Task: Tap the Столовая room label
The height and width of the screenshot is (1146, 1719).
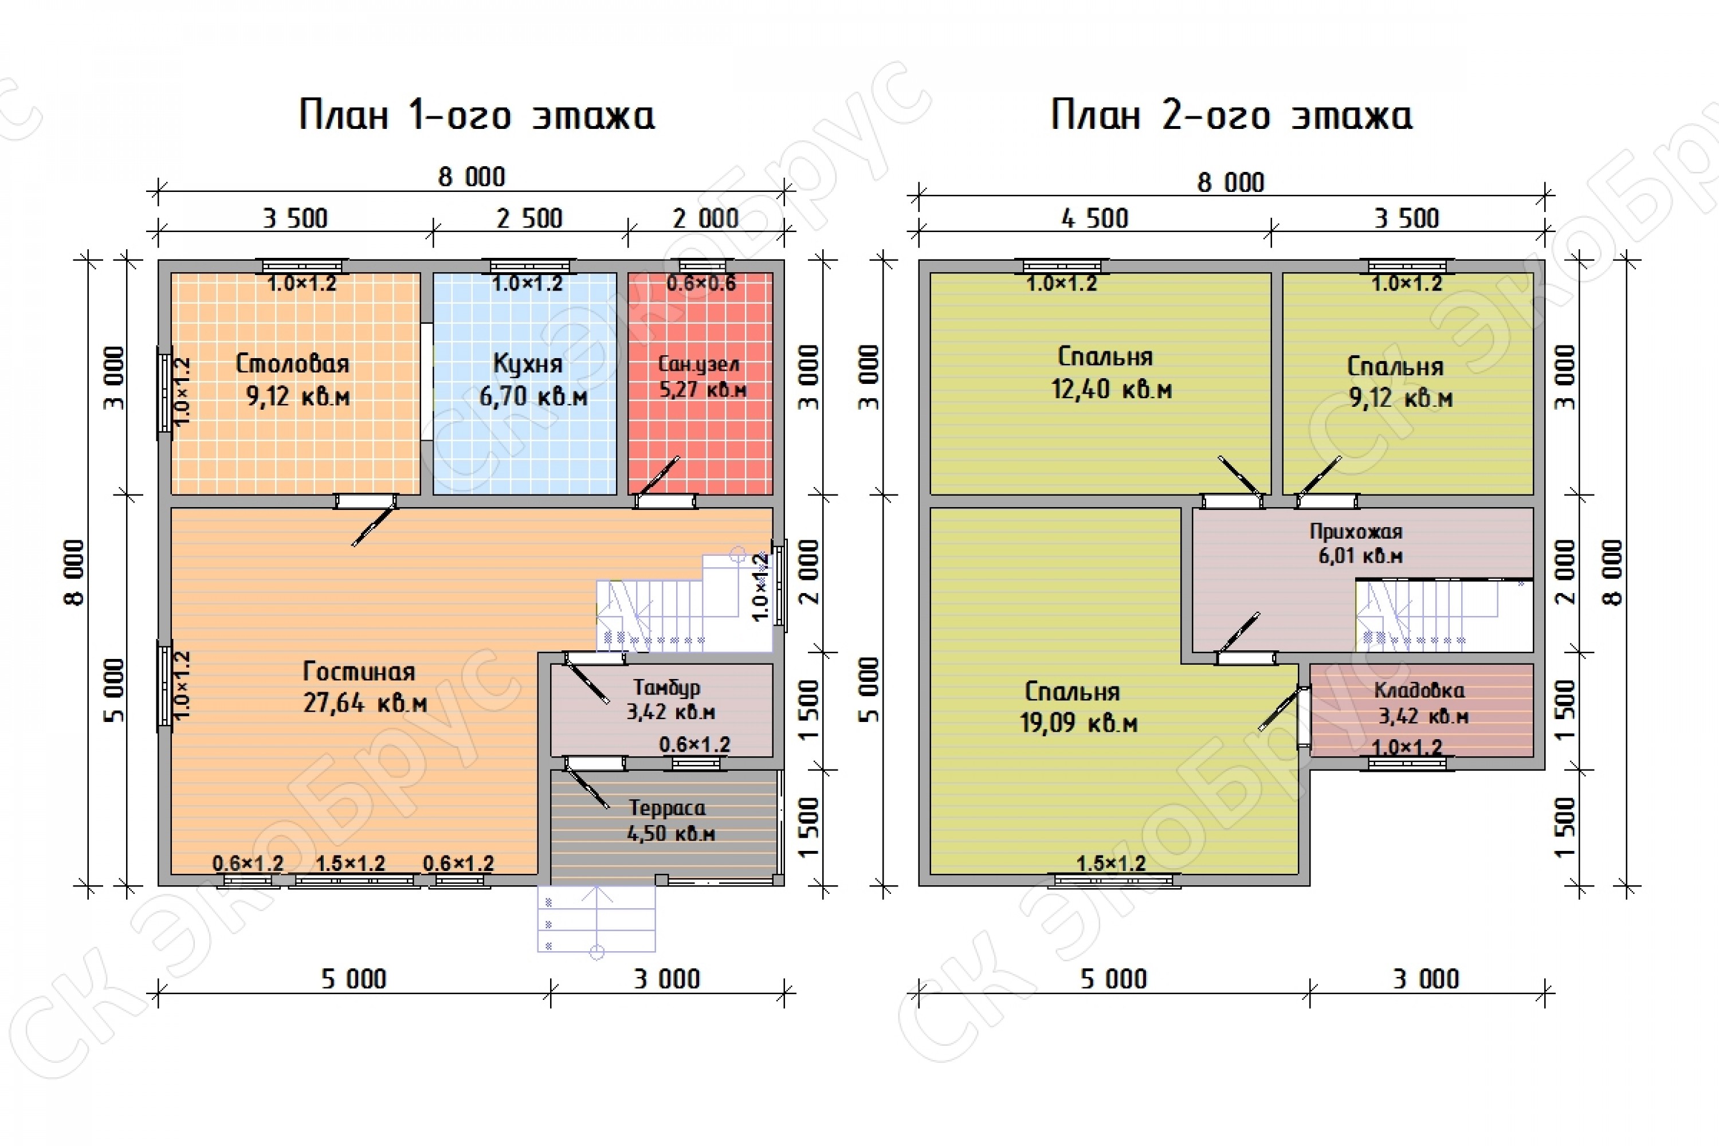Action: [x=292, y=363]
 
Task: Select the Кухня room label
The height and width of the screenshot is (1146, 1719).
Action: [x=528, y=363]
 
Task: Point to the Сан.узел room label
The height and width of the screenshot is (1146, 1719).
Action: [x=698, y=364]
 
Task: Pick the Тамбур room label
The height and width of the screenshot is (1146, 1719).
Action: [x=666, y=688]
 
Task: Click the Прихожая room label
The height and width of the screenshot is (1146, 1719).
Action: [x=1356, y=531]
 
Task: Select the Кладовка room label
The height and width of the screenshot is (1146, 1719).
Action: [x=1419, y=690]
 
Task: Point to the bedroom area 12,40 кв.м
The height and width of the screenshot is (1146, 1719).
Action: [x=1112, y=389]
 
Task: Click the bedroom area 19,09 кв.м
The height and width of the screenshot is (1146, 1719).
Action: [x=1079, y=723]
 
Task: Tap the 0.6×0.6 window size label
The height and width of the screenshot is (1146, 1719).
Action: [x=701, y=284]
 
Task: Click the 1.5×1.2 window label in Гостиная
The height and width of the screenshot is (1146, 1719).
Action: [x=350, y=863]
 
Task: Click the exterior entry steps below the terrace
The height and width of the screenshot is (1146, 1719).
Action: [x=596, y=920]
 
